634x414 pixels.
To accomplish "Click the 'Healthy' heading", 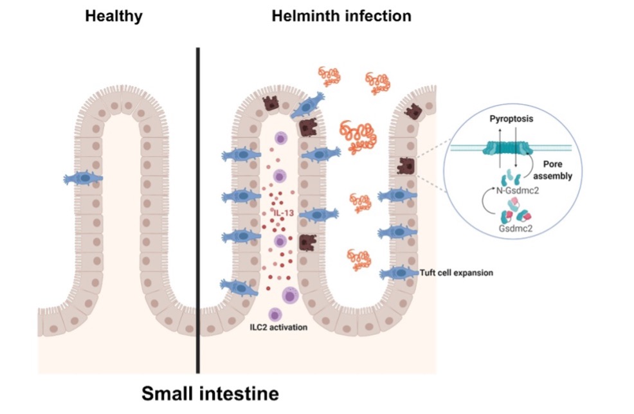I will [113, 16].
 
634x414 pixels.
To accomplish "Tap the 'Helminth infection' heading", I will [341, 16].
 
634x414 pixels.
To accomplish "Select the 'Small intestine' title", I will [210, 392].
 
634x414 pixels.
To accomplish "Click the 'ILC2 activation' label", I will [278, 327].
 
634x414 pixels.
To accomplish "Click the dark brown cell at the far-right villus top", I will [412, 112].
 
